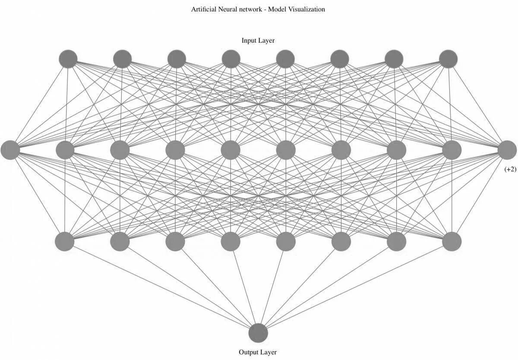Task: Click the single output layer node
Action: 258,333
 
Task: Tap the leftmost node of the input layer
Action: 68,59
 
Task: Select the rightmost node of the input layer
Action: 449,59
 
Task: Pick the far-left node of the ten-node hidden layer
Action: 10,150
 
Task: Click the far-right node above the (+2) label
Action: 507,150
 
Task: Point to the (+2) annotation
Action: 510,169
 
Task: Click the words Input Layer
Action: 258,41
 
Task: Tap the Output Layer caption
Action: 258,352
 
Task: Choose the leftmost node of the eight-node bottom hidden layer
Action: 65,241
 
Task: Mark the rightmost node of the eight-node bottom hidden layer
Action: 452,241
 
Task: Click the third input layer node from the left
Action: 177,59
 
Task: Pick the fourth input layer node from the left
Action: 231,59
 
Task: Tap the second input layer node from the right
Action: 394,59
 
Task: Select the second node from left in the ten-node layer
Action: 66,150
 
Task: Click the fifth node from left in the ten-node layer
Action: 231,150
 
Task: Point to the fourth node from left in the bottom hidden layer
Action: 231,241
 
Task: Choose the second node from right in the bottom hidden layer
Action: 396,241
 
